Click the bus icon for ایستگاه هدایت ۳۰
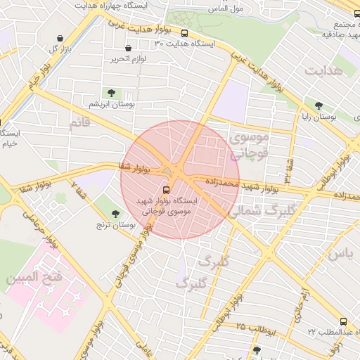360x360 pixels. point(184,33)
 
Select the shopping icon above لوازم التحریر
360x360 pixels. point(127,48)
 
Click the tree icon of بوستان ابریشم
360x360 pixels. point(111,92)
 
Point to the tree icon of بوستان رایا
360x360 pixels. point(319,105)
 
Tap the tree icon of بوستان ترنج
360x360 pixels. point(115,213)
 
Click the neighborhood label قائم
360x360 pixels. point(79,124)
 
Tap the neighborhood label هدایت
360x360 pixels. point(324,71)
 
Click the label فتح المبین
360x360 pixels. point(34,278)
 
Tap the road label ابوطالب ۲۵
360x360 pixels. point(260,328)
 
